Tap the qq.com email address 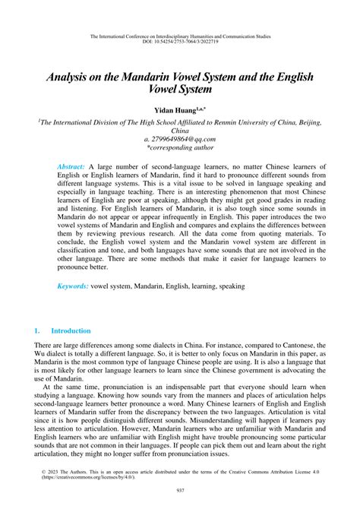180,140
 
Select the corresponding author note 180,149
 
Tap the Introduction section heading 71,331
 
